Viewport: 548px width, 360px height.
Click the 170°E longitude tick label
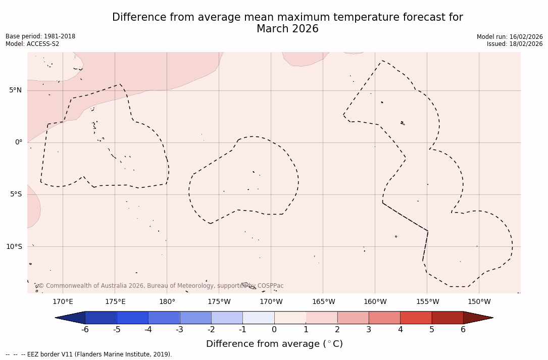pyautogui.click(x=63, y=302)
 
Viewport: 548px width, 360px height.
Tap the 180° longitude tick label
pyautogui.click(x=167, y=302)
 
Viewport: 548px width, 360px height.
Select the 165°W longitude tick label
pyautogui.click(x=323, y=302)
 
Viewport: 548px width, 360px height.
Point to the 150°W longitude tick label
pyautogui.click(x=479, y=302)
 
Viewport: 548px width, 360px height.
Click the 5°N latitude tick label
pyautogui.click(x=15, y=90)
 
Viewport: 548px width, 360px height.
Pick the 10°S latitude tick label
pyautogui.click(x=14, y=246)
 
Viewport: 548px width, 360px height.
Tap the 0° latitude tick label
pyautogui.click(x=18, y=142)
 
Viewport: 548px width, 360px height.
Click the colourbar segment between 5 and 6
pyautogui.click(x=447, y=318)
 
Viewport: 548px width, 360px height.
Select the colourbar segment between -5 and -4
pyautogui.click(x=133, y=318)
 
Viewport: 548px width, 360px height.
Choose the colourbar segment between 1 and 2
pyautogui.click(x=321, y=318)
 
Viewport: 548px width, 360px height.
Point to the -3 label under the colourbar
pyautogui.click(x=179, y=330)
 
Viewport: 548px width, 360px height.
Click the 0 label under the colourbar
pyautogui.click(x=274, y=330)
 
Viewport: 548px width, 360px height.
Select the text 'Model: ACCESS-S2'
pyautogui.click(x=32, y=44)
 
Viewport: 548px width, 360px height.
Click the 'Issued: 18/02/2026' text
pyautogui.click(x=514, y=44)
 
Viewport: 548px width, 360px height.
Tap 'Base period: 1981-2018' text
pyautogui.click(x=40, y=36)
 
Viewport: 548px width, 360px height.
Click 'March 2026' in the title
pyautogui.click(x=287, y=29)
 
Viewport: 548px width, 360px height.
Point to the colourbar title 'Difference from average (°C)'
pyautogui.click(x=274, y=344)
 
